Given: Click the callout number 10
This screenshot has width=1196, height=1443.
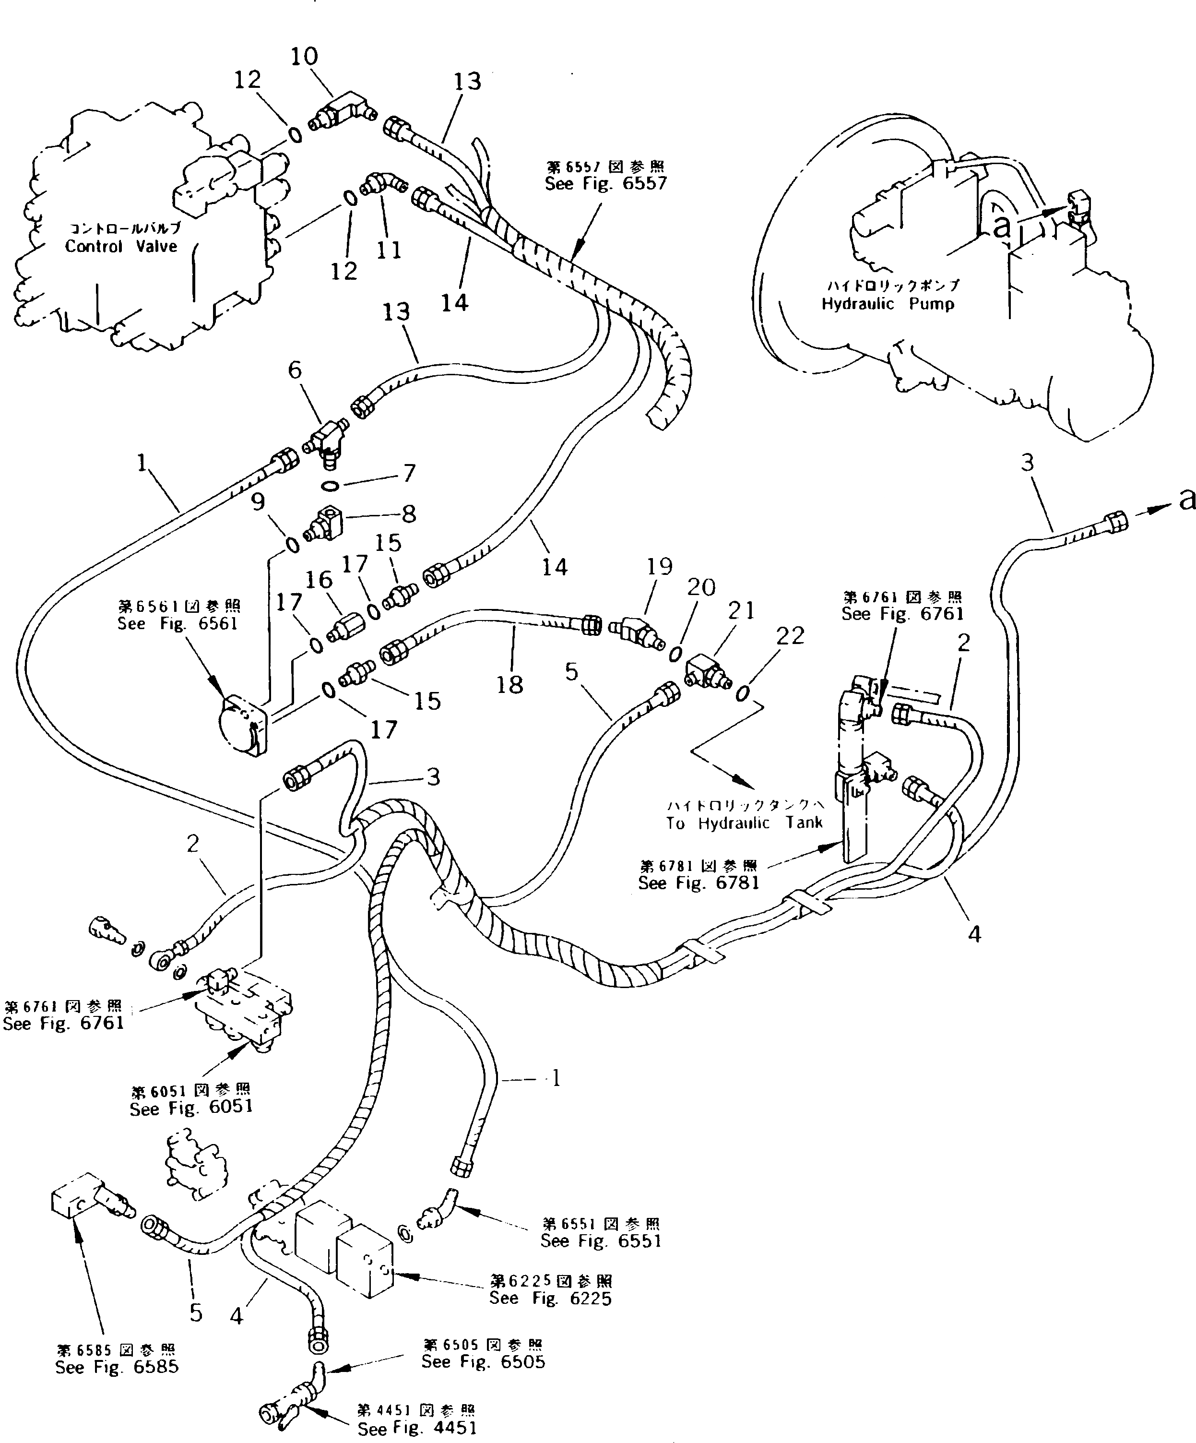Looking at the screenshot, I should pyautogui.click(x=304, y=56).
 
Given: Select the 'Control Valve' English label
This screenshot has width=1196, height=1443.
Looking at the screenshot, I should pyautogui.click(x=121, y=247).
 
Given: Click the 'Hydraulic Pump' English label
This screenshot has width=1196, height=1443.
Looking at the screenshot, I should pyautogui.click(x=888, y=304).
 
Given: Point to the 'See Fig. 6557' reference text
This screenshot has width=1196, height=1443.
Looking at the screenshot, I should pyautogui.click(x=606, y=183).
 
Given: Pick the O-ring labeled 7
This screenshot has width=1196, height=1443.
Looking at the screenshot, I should pyautogui.click(x=330, y=487).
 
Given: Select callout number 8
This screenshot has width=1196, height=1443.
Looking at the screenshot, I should pyautogui.click(x=409, y=513).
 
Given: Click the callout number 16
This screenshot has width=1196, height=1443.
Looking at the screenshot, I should pyautogui.click(x=319, y=580).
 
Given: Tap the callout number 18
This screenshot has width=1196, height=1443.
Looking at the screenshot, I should pyautogui.click(x=509, y=684).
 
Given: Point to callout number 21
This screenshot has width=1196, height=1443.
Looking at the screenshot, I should pyautogui.click(x=741, y=610).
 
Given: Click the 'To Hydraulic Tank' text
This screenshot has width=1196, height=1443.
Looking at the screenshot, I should pyautogui.click(x=744, y=823).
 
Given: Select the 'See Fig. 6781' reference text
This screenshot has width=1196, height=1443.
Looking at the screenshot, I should pyautogui.click(x=699, y=883).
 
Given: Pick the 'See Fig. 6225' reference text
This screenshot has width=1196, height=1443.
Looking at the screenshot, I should pyautogui.click(x=550, y=1298).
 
